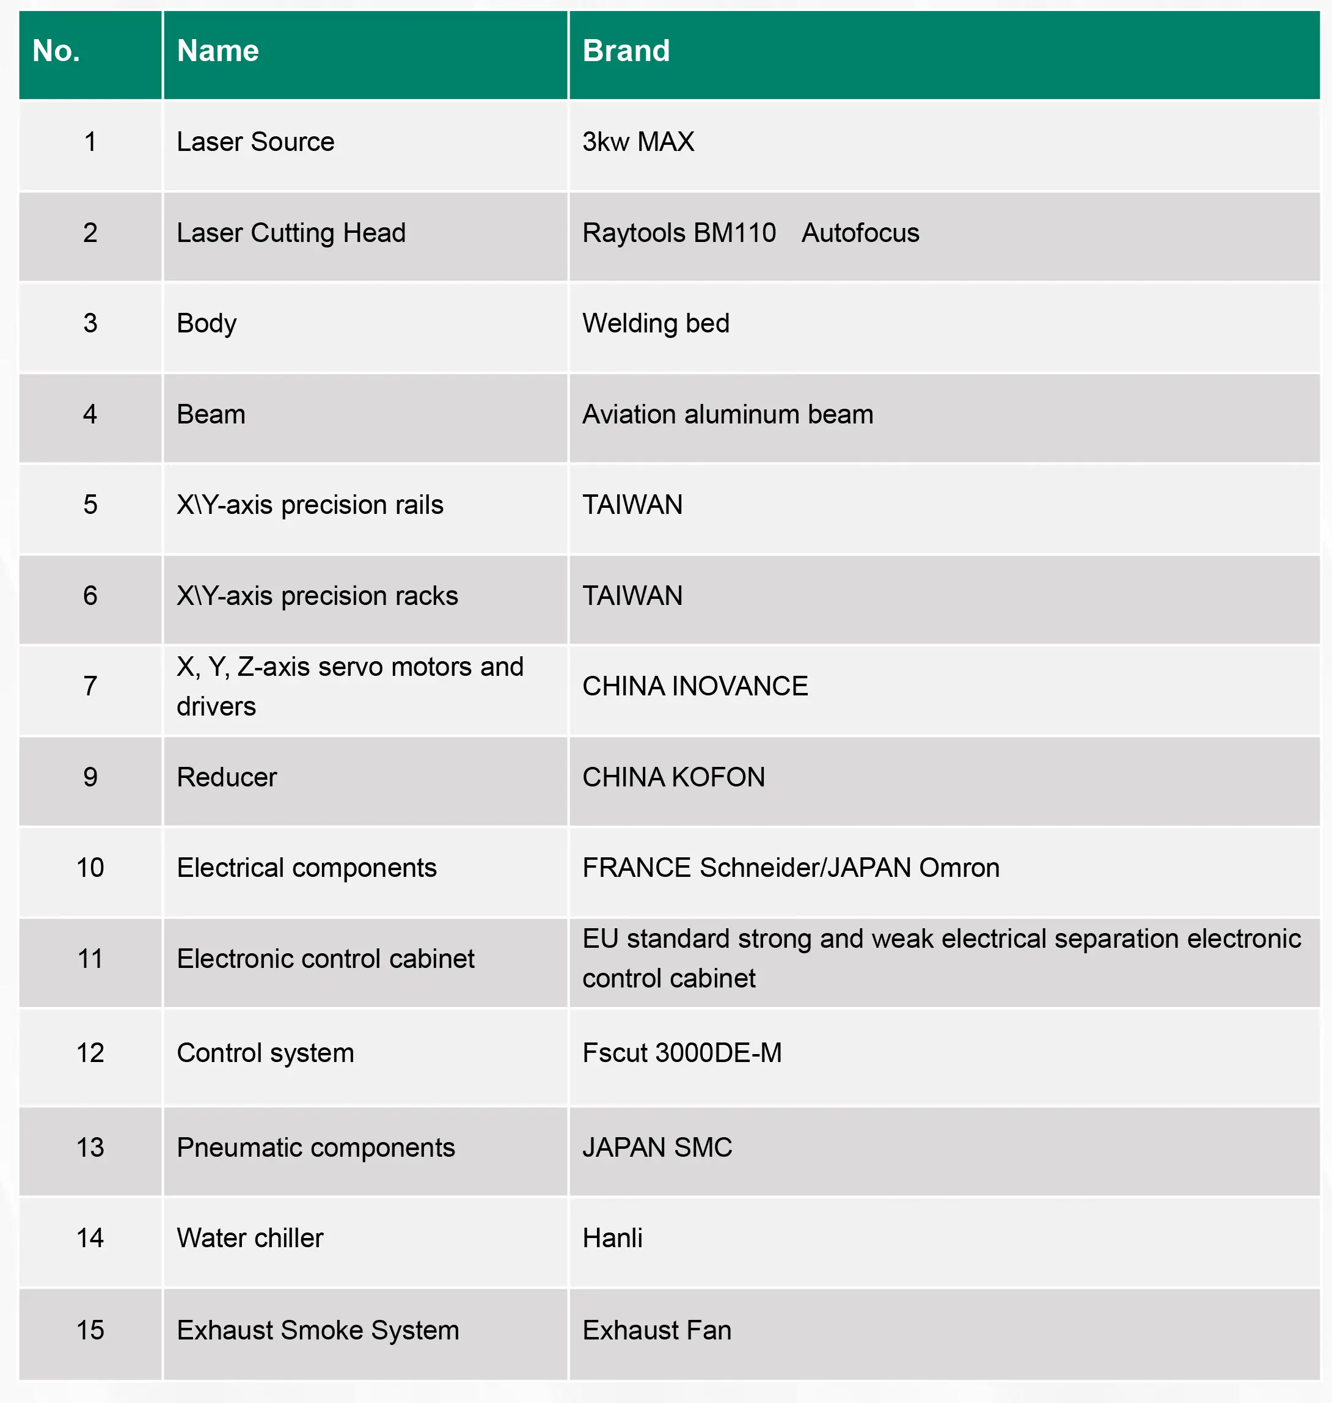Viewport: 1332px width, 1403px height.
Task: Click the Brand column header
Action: pos(626,51)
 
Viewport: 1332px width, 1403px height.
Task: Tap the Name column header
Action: pos(218,51)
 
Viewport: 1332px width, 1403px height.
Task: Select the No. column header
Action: pos(56,51)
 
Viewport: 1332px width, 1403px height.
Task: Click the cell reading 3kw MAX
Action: pos(638,142)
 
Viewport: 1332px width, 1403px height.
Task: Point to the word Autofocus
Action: pos(860,233)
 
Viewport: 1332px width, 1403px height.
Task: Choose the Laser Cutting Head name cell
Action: pos(291,233)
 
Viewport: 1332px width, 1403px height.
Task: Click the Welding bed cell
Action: pos(656,324)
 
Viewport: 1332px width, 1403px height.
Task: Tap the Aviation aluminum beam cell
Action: pos(727,415)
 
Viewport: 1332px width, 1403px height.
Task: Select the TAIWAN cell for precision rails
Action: pos(632,505)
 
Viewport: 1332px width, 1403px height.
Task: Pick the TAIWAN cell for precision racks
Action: pos(632,596)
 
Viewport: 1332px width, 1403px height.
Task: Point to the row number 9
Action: pos(90,777)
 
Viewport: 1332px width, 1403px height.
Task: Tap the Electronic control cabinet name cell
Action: pos(325,959)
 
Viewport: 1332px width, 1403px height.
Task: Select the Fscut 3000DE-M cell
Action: pos(682,1053)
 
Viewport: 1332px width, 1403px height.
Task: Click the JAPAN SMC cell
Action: pos(657,1148)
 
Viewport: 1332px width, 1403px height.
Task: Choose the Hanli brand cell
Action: pos(612,1238)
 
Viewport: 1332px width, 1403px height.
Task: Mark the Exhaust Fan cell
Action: pos(657,1330)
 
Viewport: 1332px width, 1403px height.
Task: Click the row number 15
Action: pos(90,1330)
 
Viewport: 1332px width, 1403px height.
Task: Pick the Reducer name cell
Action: pos(227,777)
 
